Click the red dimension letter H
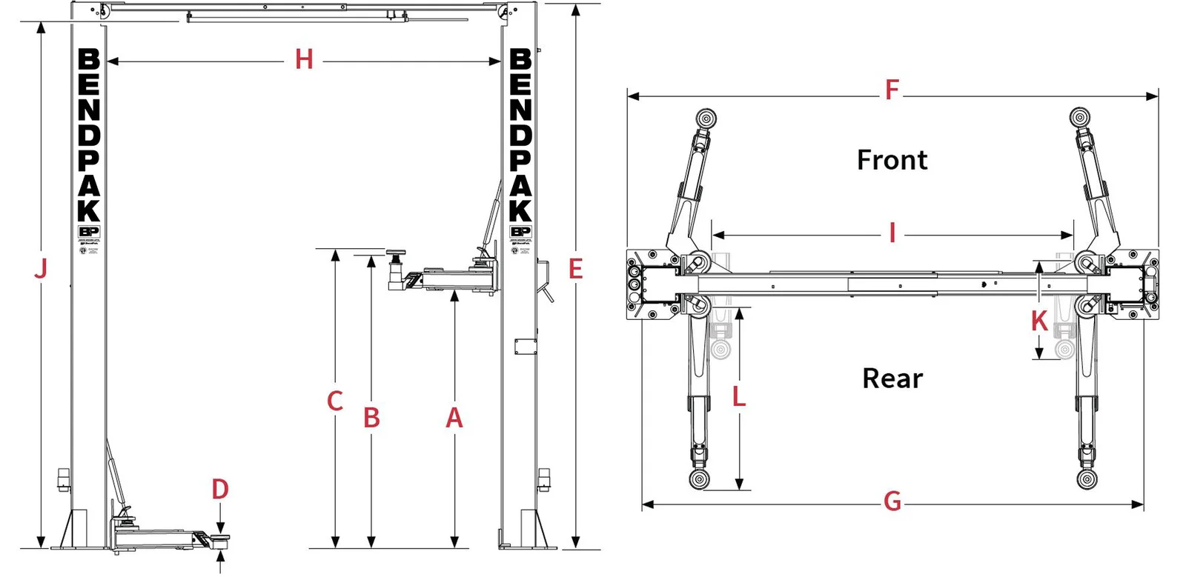pos(304,59)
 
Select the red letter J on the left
pos(41,268)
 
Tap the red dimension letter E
pos(576,270)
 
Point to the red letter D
pos(220,490)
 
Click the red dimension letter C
pos(335,401)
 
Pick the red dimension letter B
pos(371,418)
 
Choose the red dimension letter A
pos(454,418)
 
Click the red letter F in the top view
pos(892,90)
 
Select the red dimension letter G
pos(892,502)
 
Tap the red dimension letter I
pos(892,233)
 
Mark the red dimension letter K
pos(1039,321)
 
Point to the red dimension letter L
pos(739,397)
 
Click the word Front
pos(892,160)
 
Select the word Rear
pos(892,378)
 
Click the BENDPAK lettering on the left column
pos(89,135)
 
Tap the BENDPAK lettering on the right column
pos(520,135)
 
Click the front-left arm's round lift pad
pos(706,118)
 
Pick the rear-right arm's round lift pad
pos(1087,478)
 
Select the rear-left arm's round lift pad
pos(699,478)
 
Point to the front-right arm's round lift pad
pos(1081,118)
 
